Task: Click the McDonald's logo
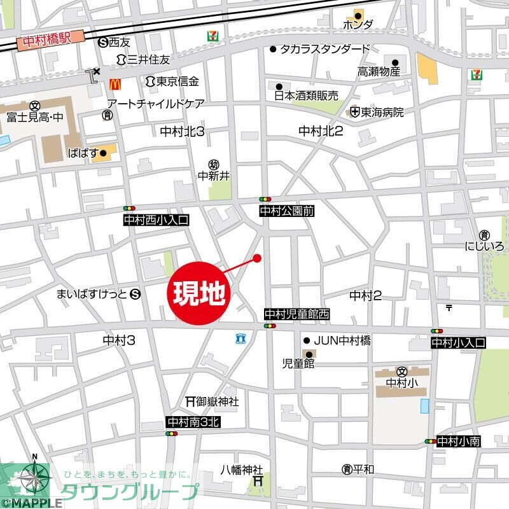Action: [115, 83]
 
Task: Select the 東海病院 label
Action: [382, 112]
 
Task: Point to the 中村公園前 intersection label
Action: [287, 211]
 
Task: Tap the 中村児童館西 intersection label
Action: [297, 314]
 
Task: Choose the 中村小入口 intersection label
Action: [458, 342]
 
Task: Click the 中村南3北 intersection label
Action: [192, 422]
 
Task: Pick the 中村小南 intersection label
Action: [458, 441]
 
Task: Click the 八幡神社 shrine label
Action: [241, 470]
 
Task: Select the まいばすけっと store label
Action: [92, 294]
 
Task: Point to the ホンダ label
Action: [358, 25]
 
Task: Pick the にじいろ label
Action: [485, 246]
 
